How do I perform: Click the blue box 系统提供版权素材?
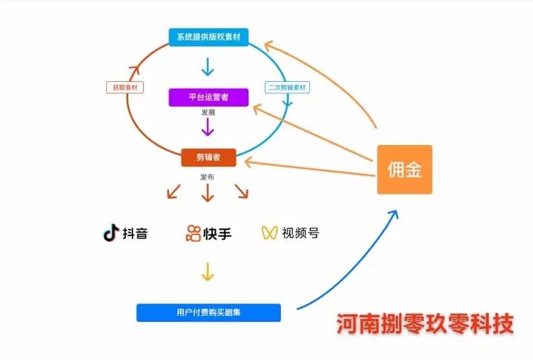[x=208, y=37]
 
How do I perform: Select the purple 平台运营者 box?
[x=208, y=97]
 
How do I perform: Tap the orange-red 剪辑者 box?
[x=208, y=157]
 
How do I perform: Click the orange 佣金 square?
[x=404, y=170]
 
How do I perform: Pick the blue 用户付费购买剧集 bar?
[x=208, y=312]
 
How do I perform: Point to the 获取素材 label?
[x=124, y=88]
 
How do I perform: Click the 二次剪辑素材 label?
[x=288, y=88]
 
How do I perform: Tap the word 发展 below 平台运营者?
[x=207, y=113]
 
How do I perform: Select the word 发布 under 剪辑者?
[x=207, y=175]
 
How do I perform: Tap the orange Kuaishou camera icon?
[x=193, y=233]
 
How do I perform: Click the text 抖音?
[x=135, y=233]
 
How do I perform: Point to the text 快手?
[x=217, y=233]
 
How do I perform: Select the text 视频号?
[x=300, y=233]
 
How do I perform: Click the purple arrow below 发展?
[x=207, y=127]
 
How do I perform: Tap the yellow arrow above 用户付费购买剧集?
[x=207, y=272]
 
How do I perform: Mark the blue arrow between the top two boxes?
[x=207, y=67]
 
